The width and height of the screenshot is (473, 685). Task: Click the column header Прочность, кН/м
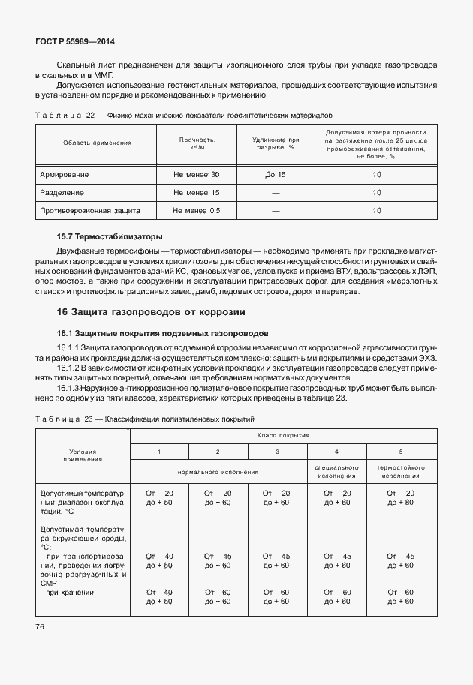coord(197,143)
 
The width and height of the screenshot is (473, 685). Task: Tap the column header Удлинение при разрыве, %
coord(274,143)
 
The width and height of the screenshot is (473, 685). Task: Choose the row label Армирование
coord(64,175)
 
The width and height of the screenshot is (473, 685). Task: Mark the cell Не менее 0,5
coord(197,211)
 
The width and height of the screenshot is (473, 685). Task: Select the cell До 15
coord(275,175)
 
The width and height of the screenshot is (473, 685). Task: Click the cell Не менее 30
coord(197,175)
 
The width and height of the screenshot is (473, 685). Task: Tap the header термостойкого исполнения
coord(400,472)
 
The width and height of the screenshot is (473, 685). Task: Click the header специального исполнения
coord(336,472)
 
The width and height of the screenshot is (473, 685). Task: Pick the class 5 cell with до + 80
coord(400,502)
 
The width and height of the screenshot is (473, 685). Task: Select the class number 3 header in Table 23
coord(277,451)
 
